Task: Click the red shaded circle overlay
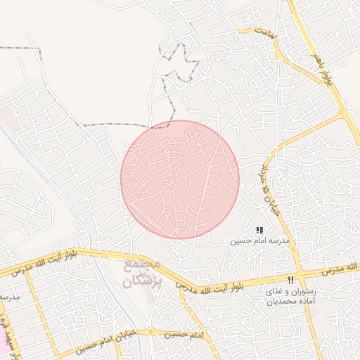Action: [180, 179]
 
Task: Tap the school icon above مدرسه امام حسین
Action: [259, 230]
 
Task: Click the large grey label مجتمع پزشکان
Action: [141, 275]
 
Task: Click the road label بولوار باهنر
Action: [321, 63]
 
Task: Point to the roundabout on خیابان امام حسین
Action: [150, 331]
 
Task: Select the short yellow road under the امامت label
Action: [253, 31]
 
